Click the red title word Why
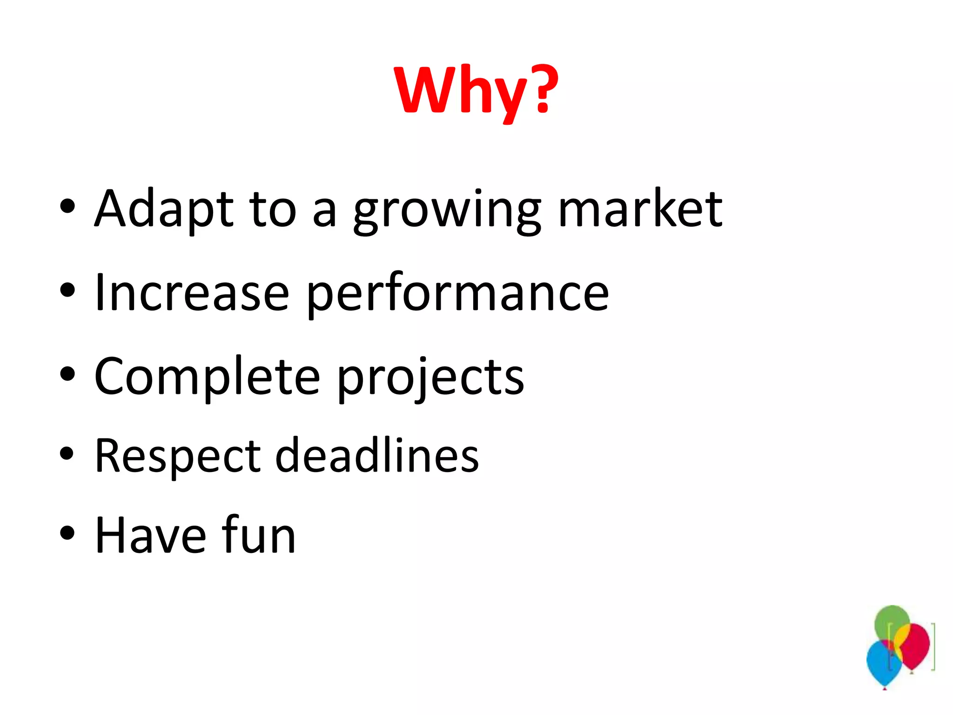461,91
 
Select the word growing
447,212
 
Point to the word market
640,209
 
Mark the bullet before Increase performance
67,290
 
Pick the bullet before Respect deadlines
67,453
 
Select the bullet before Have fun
67,533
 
